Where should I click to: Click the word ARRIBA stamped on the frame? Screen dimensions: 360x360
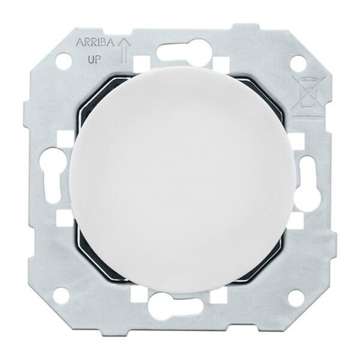pyautogui.click(x=94, y=43)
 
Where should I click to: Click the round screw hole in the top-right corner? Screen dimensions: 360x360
pyautogui.click(x=298, y=62)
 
